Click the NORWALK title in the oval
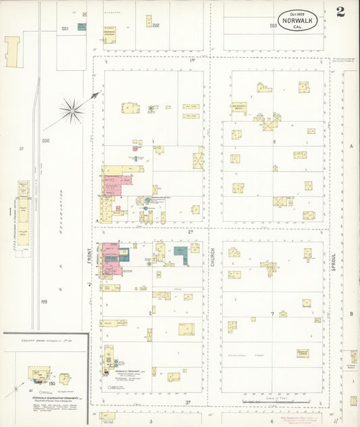coord(299,21)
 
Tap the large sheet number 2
coord(340,12)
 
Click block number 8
coord(274,142)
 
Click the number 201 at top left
coord(65,28)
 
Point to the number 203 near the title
coord(274,26)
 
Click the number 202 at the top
coord(155,26)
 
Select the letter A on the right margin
coord(351,146)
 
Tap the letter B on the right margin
coord(351,314)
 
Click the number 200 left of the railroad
coord(46,141)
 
